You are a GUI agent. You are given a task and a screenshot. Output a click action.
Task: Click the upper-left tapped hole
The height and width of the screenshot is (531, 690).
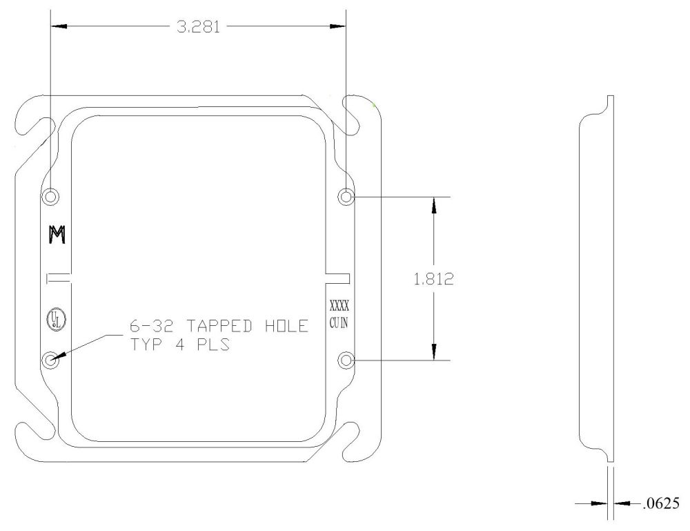pos(51,197)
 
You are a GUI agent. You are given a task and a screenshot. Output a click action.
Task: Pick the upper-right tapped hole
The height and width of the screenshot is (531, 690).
pos(346,197)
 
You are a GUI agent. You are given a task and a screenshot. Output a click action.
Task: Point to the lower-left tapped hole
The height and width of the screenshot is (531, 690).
pos(51,360)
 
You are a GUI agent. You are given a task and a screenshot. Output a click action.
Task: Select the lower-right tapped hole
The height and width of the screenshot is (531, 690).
pos(346,360)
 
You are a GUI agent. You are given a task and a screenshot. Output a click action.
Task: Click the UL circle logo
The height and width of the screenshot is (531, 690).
pos(52,319)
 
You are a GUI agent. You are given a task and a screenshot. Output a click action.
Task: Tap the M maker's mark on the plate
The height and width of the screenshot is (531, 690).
pos(56,235)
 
